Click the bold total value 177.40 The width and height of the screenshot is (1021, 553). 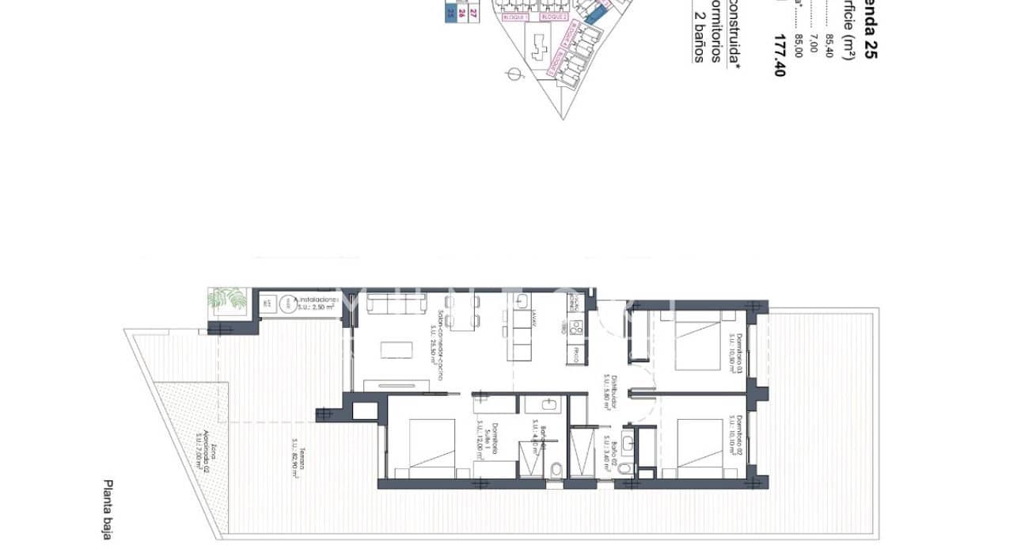coord(780,55)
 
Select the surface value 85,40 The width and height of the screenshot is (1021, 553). coord(829,45)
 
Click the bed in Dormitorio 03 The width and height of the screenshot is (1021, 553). coord(696,342)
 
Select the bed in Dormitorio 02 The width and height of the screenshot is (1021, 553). coord(696,448)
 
